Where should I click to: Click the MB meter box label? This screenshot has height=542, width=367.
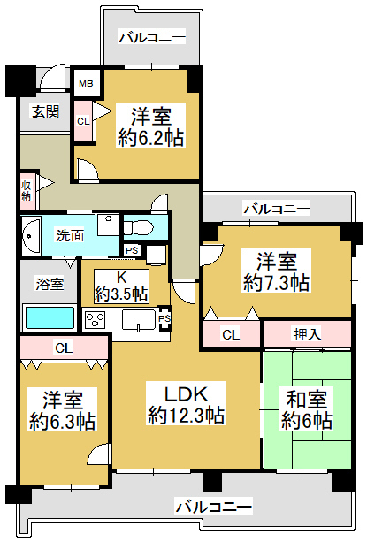tap(86, 83)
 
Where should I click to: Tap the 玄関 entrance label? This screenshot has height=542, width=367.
tap(45, 111)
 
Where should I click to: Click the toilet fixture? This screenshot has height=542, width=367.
tap(139, 228)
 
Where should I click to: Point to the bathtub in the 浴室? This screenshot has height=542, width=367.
tap(50, 317)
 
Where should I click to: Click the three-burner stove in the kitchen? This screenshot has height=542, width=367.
tap(95, 320)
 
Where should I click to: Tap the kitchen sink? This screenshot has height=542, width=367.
tap(139, 320)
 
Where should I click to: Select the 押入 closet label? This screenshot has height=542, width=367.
tap(307, 334)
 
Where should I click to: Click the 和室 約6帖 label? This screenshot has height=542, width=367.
tap(307, 410)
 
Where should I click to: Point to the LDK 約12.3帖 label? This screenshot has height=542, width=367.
tap(187, 404)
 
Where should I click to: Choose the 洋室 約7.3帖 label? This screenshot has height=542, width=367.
tap(276, 271)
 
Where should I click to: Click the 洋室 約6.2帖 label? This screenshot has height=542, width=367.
tap(150, 126)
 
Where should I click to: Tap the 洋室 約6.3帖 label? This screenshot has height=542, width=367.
tap(62, 410)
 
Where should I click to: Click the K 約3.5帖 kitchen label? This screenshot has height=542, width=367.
tap(121, 286)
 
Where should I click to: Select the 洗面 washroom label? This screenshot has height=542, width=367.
tap(70, 235)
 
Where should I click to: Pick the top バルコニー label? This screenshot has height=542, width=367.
tap(152, 37)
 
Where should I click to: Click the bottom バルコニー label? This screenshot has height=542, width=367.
tap(213, 507)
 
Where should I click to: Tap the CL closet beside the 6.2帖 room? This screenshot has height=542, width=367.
tap(83, 121)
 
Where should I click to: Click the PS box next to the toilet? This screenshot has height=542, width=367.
tap(131, 250)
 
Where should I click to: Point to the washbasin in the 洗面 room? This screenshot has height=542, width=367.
tap(29, 236)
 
